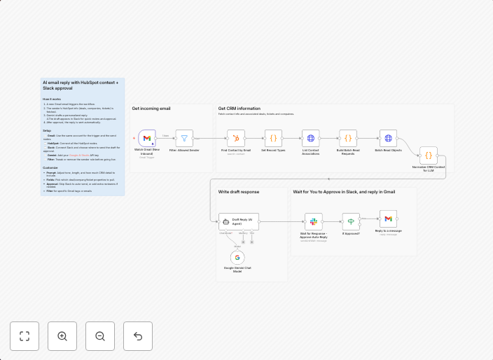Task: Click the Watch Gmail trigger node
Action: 147,138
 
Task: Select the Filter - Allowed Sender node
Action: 184,138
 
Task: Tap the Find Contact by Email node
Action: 236,138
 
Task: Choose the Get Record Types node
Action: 273,138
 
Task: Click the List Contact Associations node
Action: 311,138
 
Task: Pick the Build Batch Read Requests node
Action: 348,138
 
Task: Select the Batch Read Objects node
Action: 388,138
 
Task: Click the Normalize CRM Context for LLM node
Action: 429,155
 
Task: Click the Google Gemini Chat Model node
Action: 237,258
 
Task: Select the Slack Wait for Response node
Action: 313,221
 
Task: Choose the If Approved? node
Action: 351,221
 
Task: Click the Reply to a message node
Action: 388,219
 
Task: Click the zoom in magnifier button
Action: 62,336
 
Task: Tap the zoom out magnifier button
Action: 100,336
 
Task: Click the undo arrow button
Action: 138,336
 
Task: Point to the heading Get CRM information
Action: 239,109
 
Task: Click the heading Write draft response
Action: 238,191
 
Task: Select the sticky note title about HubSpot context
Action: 81,85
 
